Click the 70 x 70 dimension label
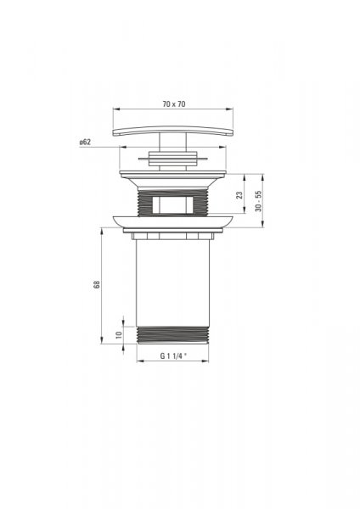click(x=174, y=103)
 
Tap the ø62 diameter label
click(x=85, y=142)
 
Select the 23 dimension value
click(x=239, y=195)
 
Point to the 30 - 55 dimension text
click(x=259, y=201)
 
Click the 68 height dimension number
click(x=97, y=284)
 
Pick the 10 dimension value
click(x=119, y=335)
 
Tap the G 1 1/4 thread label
click(x=173, y=355)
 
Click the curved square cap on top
click(x=173, y=131)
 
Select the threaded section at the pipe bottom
click(x=172, y=335)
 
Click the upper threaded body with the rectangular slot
click(x=172, y=202)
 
